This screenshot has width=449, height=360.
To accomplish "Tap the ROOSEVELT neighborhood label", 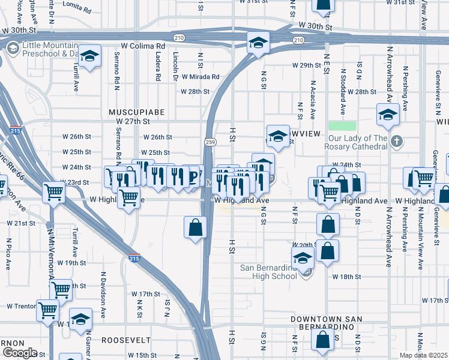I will (126, 340).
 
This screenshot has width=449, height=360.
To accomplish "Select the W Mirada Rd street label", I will (199, 77).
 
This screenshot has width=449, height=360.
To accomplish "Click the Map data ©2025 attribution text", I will (423, 355).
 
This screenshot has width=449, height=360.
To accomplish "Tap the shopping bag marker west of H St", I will (196, 227).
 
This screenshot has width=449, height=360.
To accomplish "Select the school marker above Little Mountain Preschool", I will (90, 56).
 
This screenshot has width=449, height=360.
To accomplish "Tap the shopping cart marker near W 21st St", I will (53, 193).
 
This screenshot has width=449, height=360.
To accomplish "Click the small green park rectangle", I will (342, 126).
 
